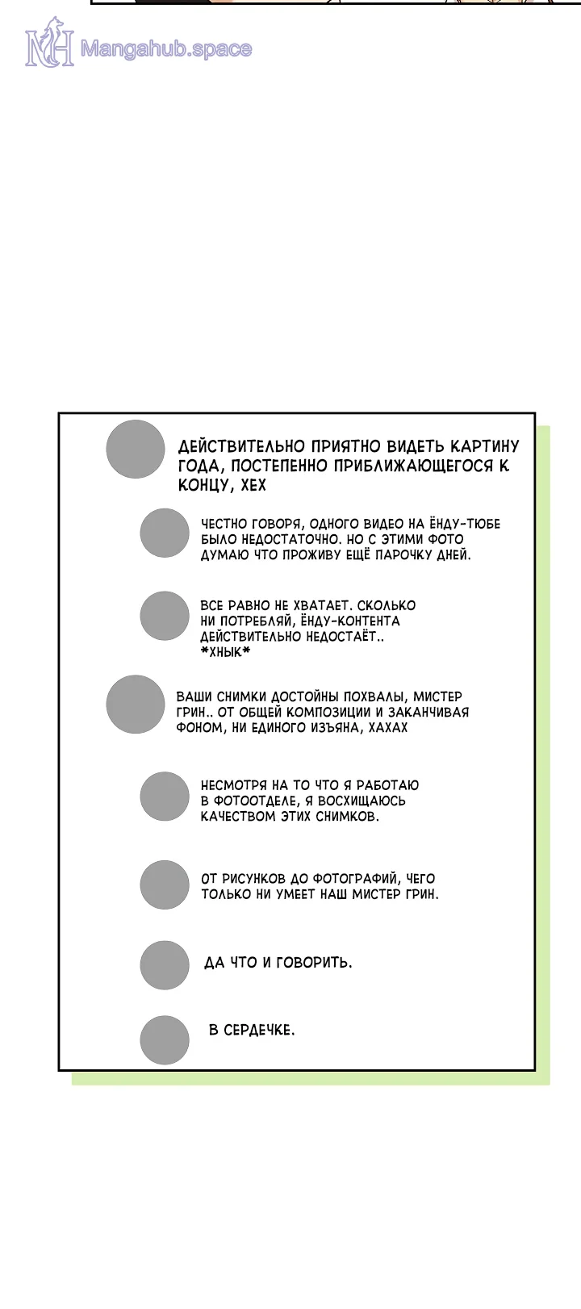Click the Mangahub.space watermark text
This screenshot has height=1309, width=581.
(x=165, y=49)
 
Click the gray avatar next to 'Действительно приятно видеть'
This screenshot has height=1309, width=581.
(x=136, y=450)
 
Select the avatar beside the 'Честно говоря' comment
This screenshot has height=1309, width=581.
(x=165, y=533)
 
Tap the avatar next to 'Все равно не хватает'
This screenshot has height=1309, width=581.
(x=165, y=616)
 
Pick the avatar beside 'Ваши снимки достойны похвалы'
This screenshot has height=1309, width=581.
(x=136, y=705)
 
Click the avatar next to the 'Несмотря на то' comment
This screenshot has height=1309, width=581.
(x=165, y=797)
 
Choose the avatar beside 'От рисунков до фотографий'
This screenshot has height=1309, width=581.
(x=165, y=885)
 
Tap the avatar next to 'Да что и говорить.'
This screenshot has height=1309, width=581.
(x=165, y=965)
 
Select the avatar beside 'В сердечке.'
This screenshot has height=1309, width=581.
(x=165, y=1039)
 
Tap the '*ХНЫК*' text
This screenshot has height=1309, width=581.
(x=225, y=652)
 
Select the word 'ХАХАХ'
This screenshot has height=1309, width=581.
(x=389, y=727)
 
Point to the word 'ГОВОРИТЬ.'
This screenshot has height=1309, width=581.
(x=315, y=962)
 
